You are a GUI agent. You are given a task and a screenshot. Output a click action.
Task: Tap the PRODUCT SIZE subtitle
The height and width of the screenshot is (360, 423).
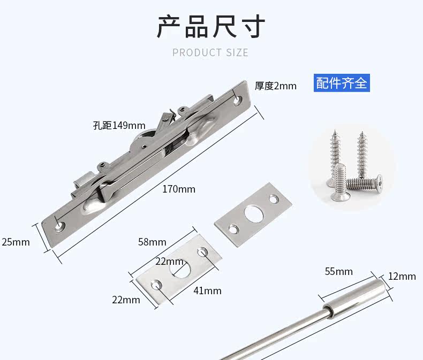[x=210, y=52]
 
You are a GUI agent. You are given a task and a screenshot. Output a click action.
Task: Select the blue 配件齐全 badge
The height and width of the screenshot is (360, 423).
[x=342, y=83]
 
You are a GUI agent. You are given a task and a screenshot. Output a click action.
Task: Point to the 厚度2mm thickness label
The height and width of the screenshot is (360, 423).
[x=275, y=86]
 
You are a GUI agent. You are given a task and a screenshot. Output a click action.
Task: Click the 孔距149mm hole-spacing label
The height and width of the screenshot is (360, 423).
[x=119, y=126]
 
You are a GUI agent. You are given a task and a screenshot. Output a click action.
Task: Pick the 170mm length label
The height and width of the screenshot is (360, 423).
[x=179, y=189]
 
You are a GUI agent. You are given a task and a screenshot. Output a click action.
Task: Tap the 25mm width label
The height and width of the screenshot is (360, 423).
[x=16, y=242]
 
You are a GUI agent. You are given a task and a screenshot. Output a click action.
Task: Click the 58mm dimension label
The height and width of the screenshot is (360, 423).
[x=152, y=242]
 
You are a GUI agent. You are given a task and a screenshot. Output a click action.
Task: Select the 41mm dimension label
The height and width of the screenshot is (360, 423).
[x=207, y=290]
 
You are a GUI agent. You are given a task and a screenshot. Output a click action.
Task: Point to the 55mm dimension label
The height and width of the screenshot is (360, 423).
[x=338, y=271]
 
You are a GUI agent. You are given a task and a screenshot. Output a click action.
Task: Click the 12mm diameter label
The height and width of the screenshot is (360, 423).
[x=402, y=276]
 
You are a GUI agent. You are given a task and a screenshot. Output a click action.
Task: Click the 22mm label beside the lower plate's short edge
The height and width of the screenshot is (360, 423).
[x=126, y=300]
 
